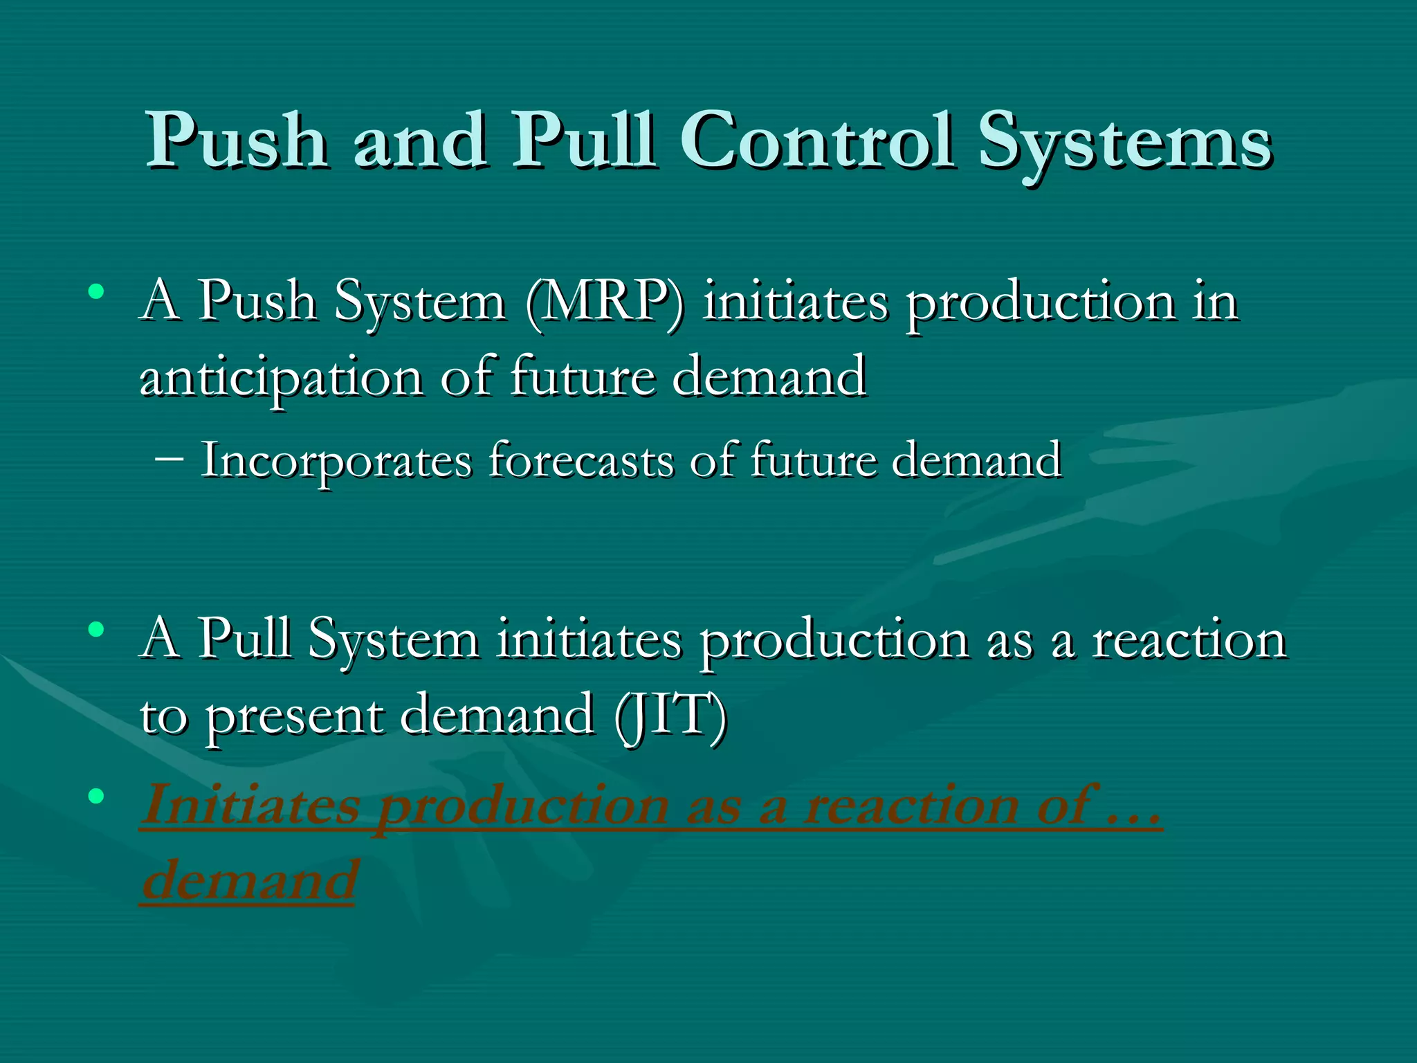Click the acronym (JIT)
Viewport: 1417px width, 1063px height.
(x=670, y=714)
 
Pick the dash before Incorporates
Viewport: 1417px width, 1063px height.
(x=170, y=459)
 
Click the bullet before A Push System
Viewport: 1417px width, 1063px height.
(x=96, y=291)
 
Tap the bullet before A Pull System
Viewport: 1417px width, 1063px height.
(x=96, y=629)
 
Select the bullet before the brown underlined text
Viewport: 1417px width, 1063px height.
(x=96, y=796)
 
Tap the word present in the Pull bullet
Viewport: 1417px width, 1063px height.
(x=295, y=716)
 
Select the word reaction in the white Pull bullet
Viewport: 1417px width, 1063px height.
(x=1189, y=639)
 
